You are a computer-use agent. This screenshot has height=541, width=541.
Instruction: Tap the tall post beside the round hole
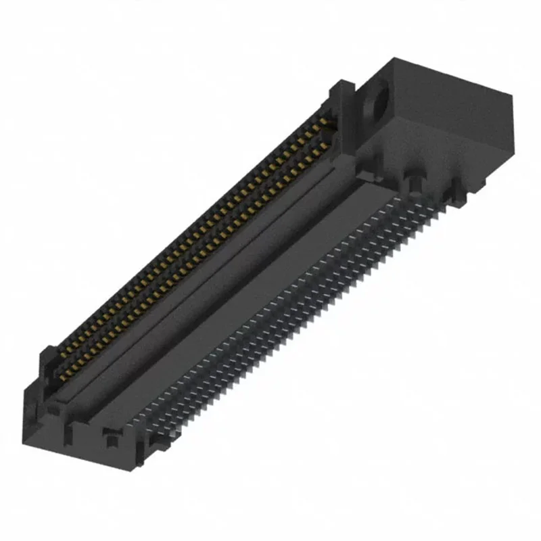coord(343,108)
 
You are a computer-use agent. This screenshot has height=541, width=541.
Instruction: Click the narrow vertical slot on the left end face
coord(68,433)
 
